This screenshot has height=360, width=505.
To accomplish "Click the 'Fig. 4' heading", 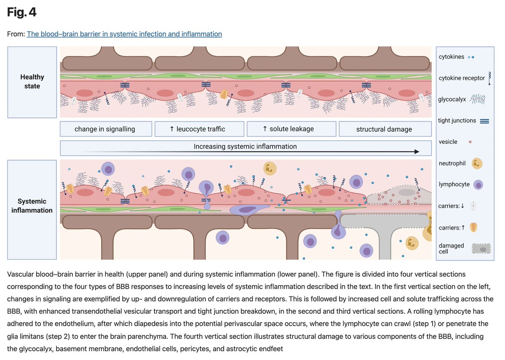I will coord(22,13).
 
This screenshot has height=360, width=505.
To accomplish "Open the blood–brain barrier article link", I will coord(124,34).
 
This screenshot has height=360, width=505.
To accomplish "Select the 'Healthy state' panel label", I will coord(32,82).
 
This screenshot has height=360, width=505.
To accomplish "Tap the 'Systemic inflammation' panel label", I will coord(32,205).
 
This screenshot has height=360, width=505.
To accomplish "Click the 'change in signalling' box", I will coord(105,129).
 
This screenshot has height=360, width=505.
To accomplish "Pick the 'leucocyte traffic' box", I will coord(199,129).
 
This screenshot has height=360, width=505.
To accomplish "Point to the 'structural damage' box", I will coord(384,129).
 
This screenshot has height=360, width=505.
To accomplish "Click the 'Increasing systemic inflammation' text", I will coord(245,147).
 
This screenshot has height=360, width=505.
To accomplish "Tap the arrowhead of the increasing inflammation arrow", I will coord(417,152).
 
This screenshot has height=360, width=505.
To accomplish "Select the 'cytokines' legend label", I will coord(452,57).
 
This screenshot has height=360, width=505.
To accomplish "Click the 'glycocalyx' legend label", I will coord(452,99).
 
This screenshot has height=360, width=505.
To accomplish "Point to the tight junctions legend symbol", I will coord(484,121).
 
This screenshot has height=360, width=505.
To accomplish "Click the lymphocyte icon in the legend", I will coord(478,184).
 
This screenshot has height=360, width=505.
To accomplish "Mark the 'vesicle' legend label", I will coord(448,142).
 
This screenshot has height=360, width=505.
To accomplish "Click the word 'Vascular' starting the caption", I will coord(21,274).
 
